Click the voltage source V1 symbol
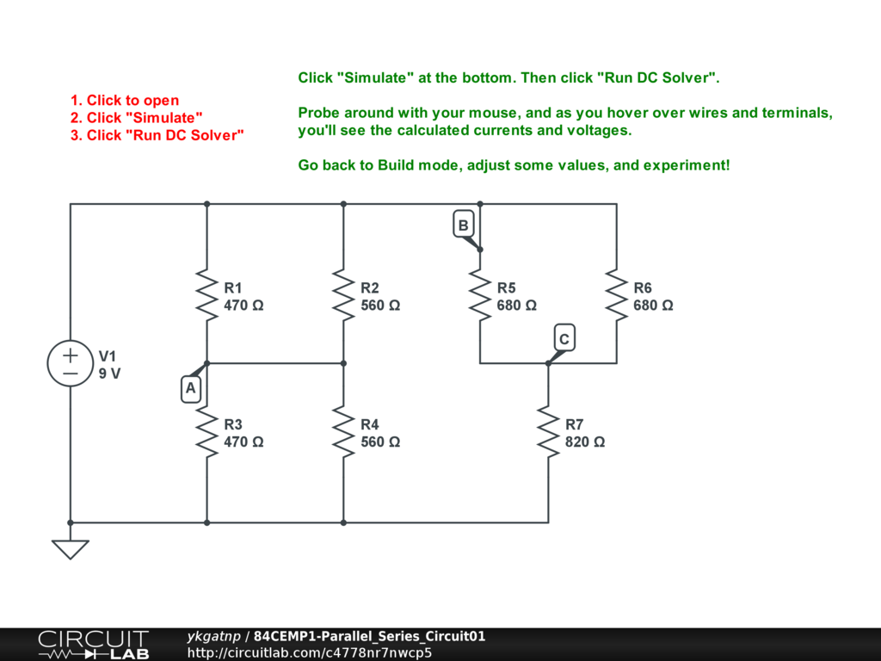point(70,363)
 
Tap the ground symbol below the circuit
point(70,548)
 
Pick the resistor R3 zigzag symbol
point(206,432)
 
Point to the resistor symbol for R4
point(343,432)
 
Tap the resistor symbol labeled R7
point(548,432)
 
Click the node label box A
point(191,389)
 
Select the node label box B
point(463,225)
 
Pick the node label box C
point(564,339)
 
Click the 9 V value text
point(110,374)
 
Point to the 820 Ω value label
point(585,442)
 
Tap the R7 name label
point(575,424)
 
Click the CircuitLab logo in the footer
point(93,645)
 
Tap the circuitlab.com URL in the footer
point(310,652)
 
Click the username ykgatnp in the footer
point(213,637)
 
